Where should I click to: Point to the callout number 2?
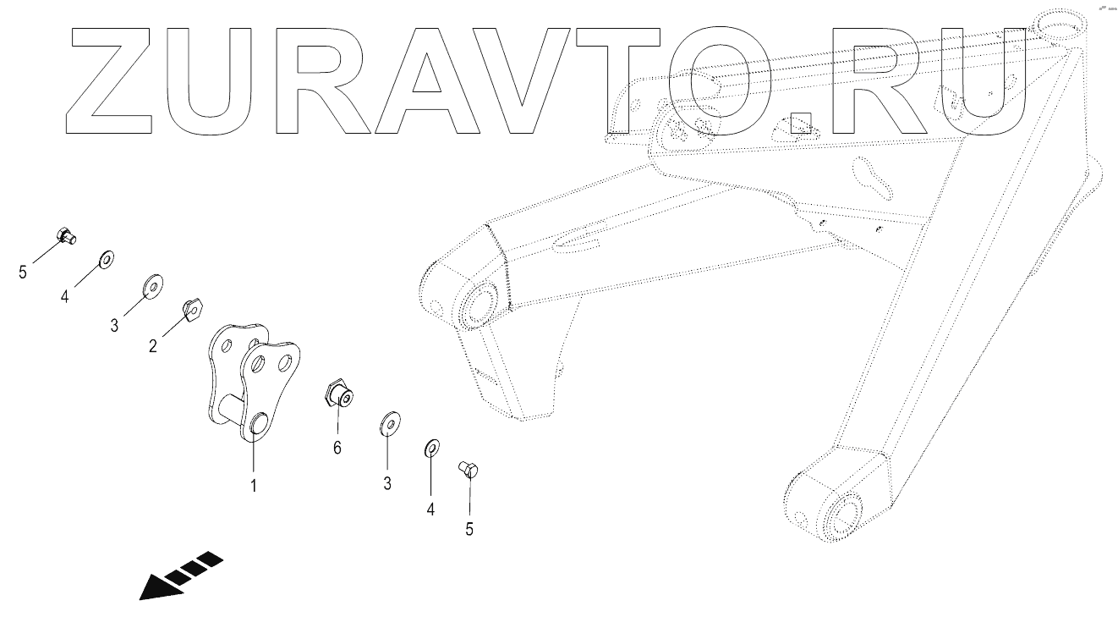pos(153,345)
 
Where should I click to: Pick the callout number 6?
pos(337,448)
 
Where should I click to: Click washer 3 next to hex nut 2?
pos(152,287)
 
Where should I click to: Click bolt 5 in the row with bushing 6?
pos(469,469)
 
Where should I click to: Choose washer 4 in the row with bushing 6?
pos(430,446)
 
